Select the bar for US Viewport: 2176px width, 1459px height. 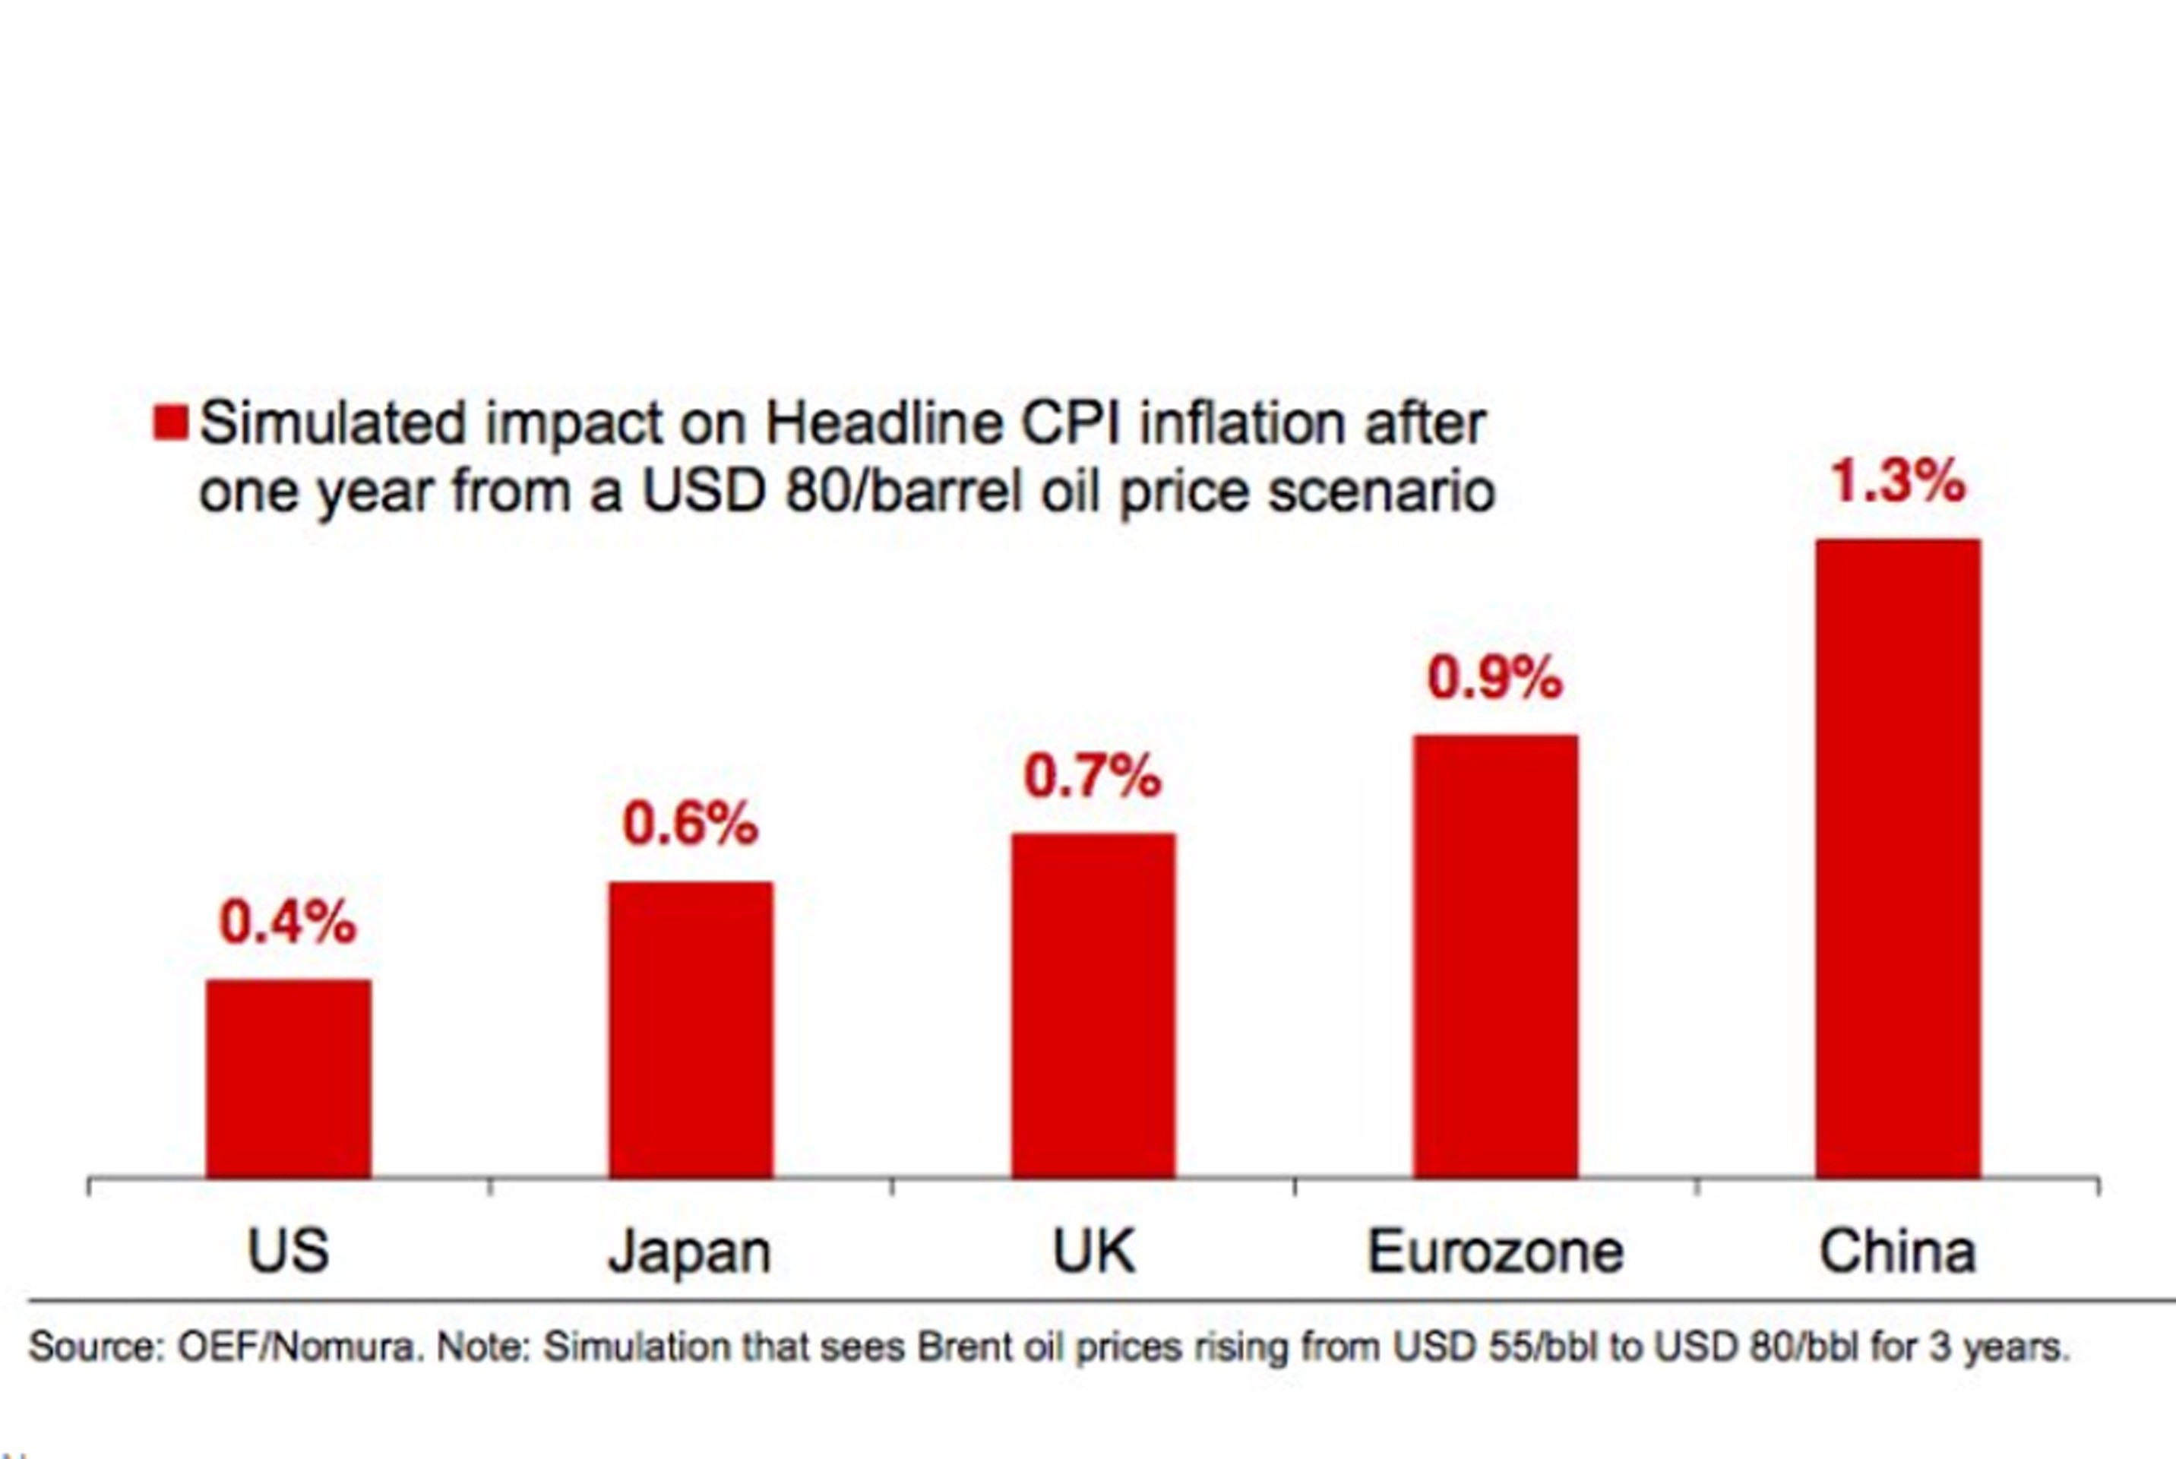pos(289,1078)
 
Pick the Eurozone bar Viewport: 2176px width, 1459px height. pos(1495,956)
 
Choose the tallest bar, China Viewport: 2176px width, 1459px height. pos(1898,858)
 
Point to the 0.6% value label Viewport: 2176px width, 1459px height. pos(691,824)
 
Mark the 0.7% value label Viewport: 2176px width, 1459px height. pos(1093,775)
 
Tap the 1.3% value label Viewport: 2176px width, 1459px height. pos(1898,481)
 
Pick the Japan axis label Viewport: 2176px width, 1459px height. pos(691,1252)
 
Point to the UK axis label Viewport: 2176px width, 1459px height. pos(1093,1251)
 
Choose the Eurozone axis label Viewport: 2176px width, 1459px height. pos(1495,1251)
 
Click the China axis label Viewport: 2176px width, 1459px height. pos(1898,1251)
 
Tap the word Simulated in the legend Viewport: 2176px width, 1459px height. pos(332,423)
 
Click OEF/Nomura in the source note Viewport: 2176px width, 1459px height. pos(296,1347)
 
